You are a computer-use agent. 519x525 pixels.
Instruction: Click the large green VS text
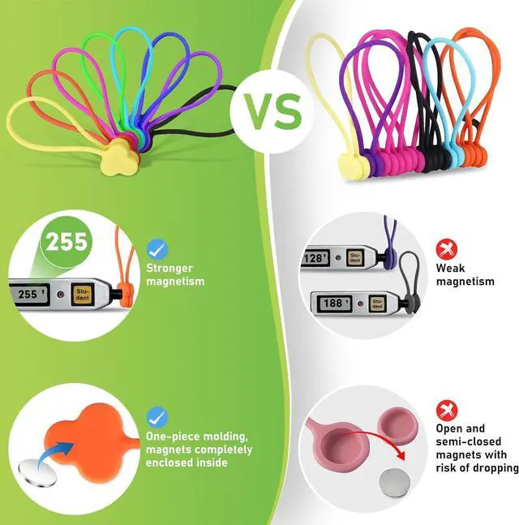[x=272, y=111]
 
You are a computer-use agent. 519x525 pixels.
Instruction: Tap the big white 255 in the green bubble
[x=66, y=241]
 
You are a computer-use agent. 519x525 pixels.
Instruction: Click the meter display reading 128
[x=315, y=258]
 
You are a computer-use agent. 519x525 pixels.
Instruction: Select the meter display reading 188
[x=333, y=303]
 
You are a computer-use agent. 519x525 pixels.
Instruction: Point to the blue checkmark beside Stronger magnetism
[x=157, y=249]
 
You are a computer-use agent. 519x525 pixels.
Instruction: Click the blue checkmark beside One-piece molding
[x=157, y=417]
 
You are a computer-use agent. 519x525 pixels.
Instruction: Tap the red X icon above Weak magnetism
[x=447, y=249]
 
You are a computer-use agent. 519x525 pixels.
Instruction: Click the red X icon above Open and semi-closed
[x=447, y=410]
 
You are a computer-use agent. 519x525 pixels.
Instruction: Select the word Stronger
[x=169, y=269]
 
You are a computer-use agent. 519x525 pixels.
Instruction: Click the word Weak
[x=450, y=269]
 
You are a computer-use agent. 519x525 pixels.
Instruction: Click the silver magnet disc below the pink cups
[x=394, y=483]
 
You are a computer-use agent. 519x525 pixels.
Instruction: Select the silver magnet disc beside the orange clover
[x=37, y=473]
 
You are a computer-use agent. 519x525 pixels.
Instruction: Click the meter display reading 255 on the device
[x=29, y=295]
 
